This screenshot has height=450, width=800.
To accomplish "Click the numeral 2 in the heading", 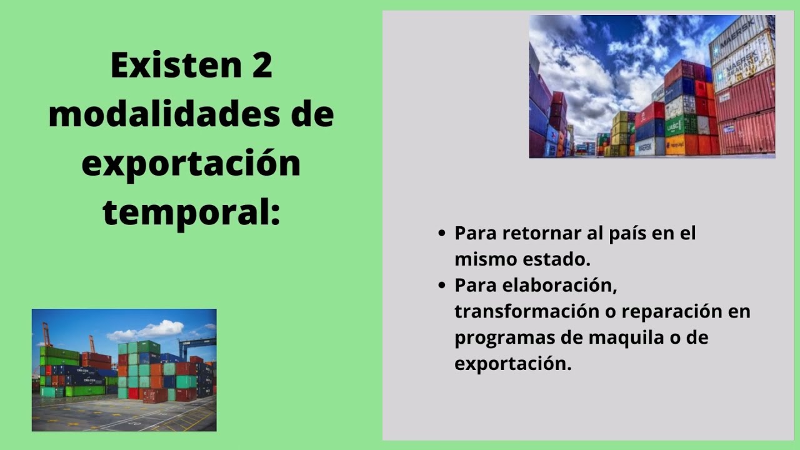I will pyautogui.click(x=262, y=66).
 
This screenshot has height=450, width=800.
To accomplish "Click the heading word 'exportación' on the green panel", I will pyautogui.click(x=191, y=164).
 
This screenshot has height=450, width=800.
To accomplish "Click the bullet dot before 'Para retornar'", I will pyautogui.click(x=442, y=234).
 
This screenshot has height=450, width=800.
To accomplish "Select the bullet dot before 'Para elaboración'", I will pyautogui.click(x=442, y=286).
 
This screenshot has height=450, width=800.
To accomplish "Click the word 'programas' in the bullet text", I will pyautogui.click(x=502, y=337).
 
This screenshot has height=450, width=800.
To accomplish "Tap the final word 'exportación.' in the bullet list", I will pyautogui.click(x=512, y=364).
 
